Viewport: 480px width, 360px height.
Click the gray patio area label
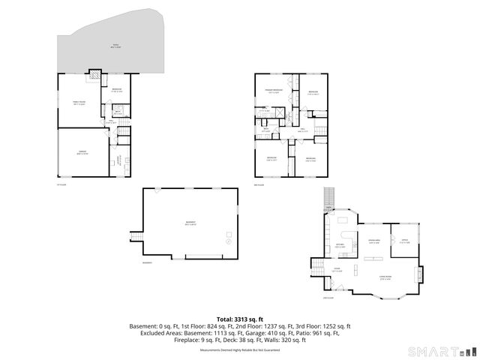[x=116, y=46]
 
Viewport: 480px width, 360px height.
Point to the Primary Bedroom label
[x=273, y=91]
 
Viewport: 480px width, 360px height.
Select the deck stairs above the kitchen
[x=328, y=199]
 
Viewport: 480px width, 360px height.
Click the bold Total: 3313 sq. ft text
[x=239, y=319]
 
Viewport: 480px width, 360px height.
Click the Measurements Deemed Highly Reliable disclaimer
[x=239, y=349]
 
